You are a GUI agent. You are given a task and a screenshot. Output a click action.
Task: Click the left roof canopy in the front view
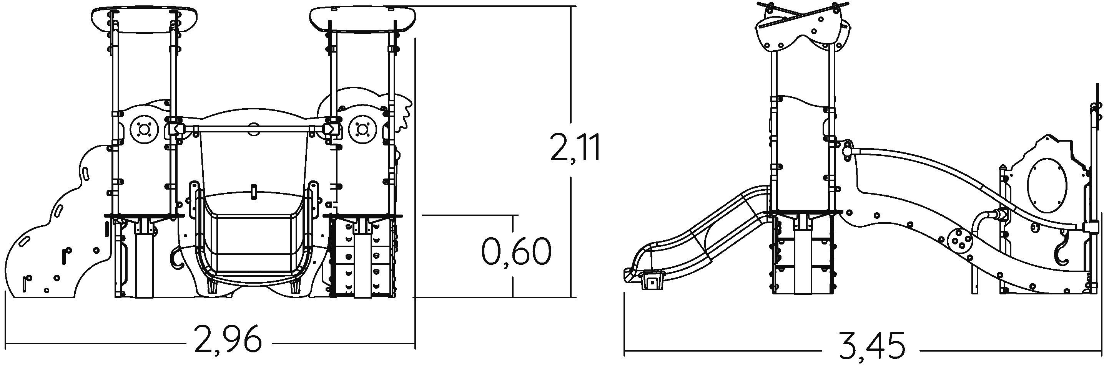click(145, 20)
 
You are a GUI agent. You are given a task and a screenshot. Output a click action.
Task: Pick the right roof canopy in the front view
click(362, 20)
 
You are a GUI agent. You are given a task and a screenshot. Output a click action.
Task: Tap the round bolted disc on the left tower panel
click(143, 129)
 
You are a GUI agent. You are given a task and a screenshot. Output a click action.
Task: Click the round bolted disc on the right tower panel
click(362, 129)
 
